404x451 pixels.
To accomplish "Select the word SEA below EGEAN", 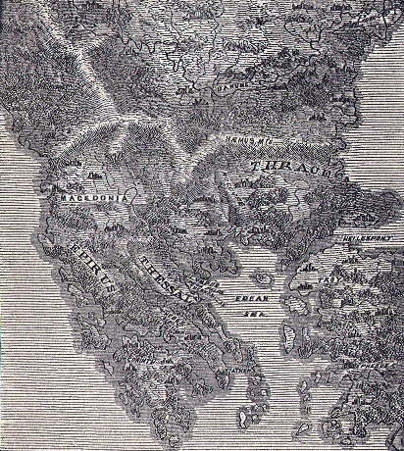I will [255, 316].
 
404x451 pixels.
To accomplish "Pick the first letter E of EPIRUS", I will [63, 248].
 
